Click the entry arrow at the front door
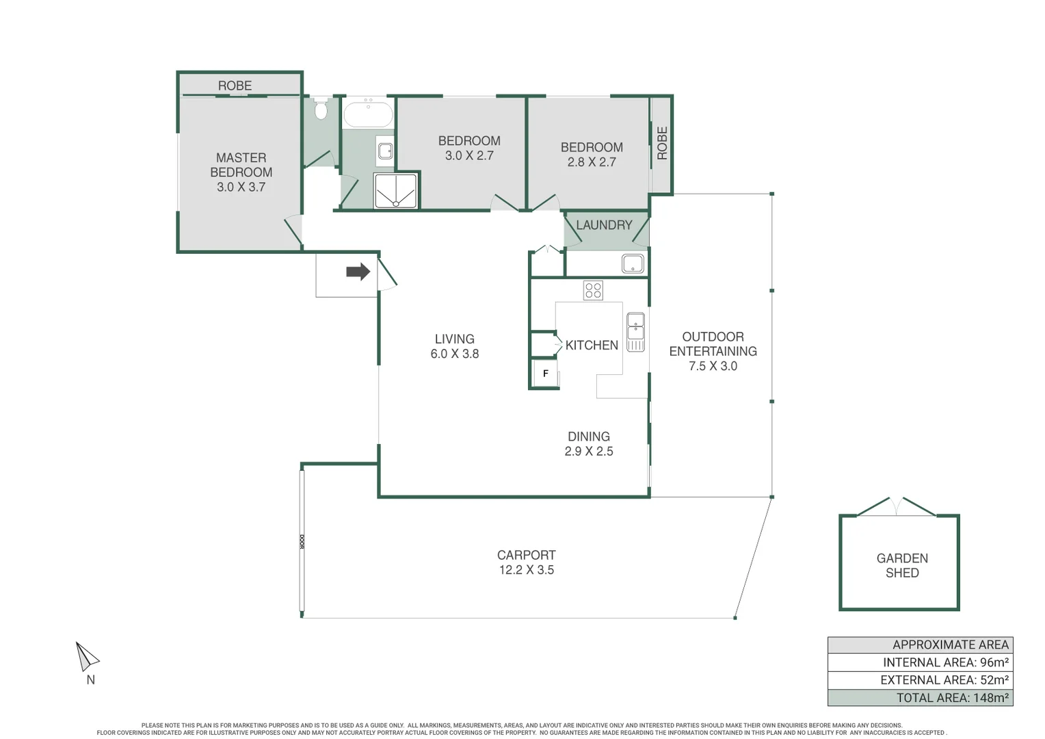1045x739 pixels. (358, 272)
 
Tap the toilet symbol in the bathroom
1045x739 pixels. (321, 109)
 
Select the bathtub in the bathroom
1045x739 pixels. (368, 114)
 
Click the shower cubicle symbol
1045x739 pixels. (395, 191)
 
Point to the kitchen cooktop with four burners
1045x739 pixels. (593, 290)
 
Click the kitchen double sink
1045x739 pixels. (635, 332)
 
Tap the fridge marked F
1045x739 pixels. (546, 374)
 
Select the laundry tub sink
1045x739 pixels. (633, 263)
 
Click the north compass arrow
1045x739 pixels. (86, 658)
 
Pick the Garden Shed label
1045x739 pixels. (901, 566)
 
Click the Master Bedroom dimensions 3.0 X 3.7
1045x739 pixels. (241, 187)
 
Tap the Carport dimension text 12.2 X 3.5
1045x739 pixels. (526, 570)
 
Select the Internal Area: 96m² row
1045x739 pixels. (920, 662)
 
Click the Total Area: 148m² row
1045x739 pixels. (920, 698)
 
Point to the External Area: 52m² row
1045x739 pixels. (920, 680)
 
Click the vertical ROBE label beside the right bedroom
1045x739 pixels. (662, 143)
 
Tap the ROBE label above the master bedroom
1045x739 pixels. (235, 86)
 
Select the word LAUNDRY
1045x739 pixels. (604, 225)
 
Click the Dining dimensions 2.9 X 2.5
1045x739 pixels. (588, 452)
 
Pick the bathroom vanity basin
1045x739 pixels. (385, 151)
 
